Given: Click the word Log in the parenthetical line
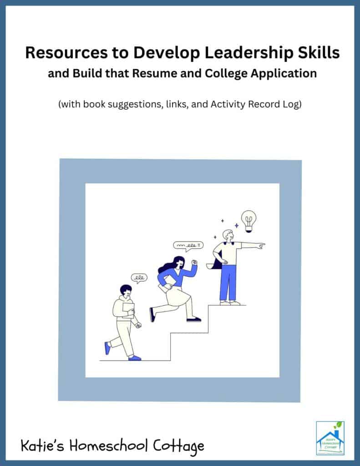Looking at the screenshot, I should click(292, 104).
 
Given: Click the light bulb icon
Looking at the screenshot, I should click(248, 219).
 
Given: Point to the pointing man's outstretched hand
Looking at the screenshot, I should click(261, 246).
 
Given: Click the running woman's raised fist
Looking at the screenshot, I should click(195, 263).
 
